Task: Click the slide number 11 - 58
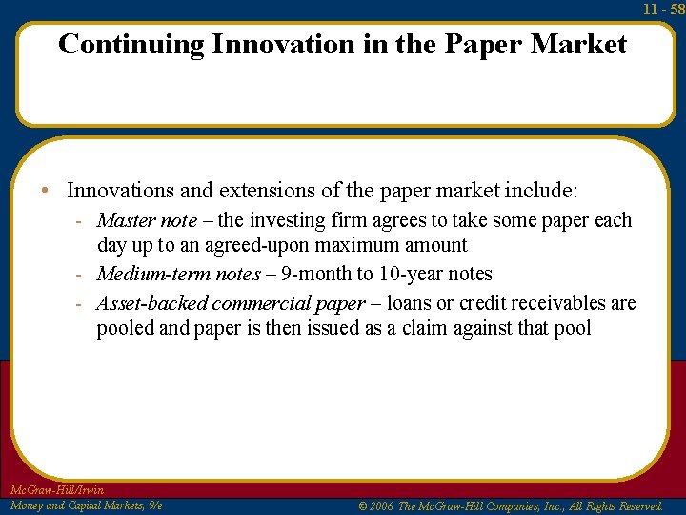tap(663, 9)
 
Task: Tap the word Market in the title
tap(579, 44)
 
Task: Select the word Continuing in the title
tap(131, 44)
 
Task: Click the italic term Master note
tap(147, 220)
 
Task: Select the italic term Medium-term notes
tap(178, 274)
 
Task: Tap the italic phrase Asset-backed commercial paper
tap(231, 303)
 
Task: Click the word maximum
tap(359, 245)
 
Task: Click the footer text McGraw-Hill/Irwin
tap(57, 490)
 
